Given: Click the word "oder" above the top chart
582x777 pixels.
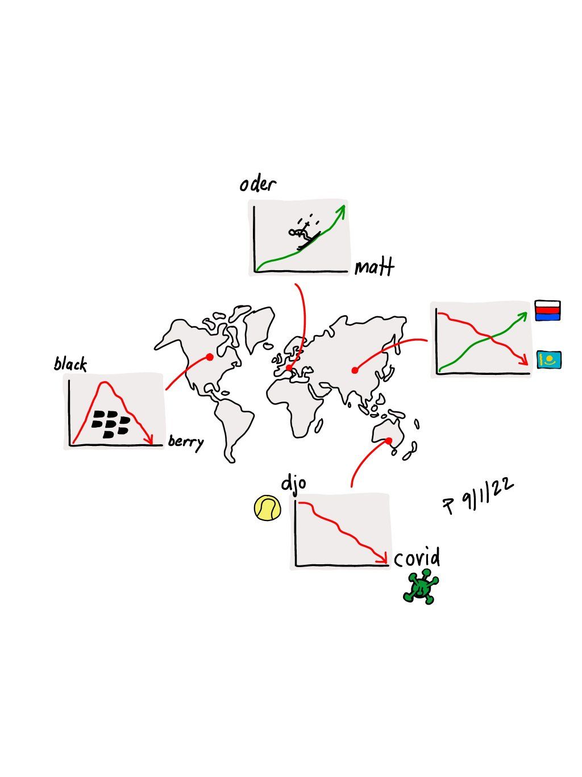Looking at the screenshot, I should point(257,185).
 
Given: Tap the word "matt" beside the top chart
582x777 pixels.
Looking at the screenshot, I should point(374,267).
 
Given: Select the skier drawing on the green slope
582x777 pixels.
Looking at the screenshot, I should point(303,234).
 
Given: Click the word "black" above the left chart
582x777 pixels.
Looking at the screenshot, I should point(70,364).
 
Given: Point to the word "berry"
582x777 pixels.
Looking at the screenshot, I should point(185,441).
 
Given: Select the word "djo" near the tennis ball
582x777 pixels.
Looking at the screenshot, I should point(294,484).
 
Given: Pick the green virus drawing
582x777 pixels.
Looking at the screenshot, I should point(421,588).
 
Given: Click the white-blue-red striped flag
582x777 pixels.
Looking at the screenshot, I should point(547,311).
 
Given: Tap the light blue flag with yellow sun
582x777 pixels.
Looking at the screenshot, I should point(548,359).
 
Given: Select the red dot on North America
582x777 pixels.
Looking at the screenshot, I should point(210,357).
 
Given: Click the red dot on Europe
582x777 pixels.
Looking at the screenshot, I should point(289,368).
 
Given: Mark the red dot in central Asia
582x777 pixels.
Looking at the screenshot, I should point(355,371).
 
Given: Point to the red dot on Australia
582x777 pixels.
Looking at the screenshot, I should point(389,440).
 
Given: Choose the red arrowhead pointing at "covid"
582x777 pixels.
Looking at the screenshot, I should point(384,559).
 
